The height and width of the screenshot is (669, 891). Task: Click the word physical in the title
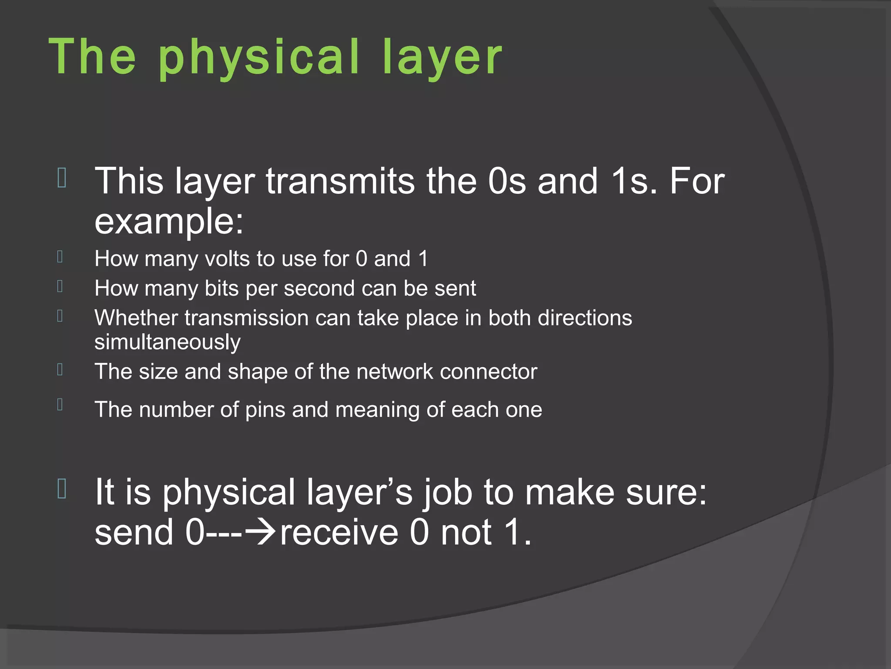coord(259,57)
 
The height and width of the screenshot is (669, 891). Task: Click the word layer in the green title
coord(442,57)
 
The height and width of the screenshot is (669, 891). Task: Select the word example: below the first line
coord(169,221)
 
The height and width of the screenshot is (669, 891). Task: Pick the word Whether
coord(136,318)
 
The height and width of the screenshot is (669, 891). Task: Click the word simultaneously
coord(167,342)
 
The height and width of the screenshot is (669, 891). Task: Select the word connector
coord(488,372)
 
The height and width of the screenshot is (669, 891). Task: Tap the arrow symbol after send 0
coord(260,532)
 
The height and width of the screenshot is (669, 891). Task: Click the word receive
coord(339,532)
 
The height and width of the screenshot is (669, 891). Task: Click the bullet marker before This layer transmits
coord(61,178)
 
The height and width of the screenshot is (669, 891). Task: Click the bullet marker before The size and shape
coord(60,369)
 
